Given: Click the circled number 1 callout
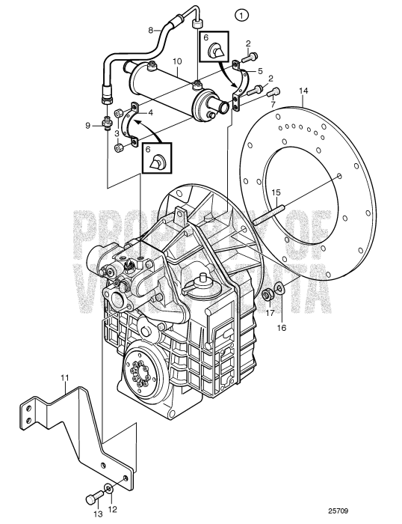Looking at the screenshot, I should (240, 13).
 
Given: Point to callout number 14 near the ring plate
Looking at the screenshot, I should (303, 92).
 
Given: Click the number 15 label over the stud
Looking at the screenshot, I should (276, 192).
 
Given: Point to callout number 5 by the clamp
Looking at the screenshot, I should (262, 70).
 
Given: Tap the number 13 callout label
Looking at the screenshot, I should (96, 514).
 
